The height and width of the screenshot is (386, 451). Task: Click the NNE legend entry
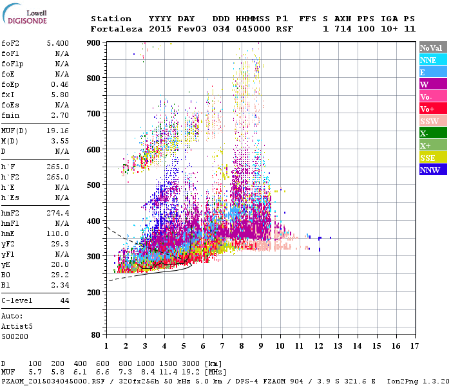[x=432, y=60]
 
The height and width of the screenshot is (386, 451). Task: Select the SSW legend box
[x=432, y=121]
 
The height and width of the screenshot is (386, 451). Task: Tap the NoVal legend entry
[x=432, y=48]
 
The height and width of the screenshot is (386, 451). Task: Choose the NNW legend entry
[x=432, y=170]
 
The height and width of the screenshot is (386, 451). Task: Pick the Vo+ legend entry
[x=432, y=109]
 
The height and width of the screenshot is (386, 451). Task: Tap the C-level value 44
[x=64, y=300]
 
